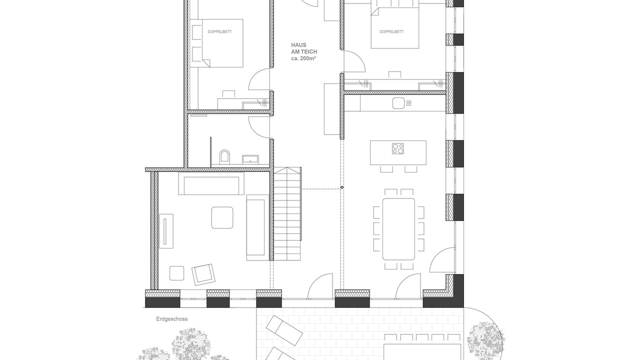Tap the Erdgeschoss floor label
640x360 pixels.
[x=171, y=319]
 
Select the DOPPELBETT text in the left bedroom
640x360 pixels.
[x=219, y=31]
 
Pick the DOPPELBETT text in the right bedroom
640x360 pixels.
[x=391, y=31]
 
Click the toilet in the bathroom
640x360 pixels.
[x=224, y=157]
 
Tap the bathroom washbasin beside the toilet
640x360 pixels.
[x=250, y=159]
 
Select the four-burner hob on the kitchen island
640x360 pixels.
[x=398, y=148]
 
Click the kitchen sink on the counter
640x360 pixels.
[x=398, y=103]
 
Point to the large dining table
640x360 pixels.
[x=398, y=229]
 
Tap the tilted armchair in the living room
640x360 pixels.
[x=203, y=274]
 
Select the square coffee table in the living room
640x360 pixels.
[x=222, y=217]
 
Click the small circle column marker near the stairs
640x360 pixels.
[x=342, y=187]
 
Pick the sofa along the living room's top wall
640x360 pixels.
[x=211, y=183]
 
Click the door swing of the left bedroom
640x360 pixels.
[x=259, y=79]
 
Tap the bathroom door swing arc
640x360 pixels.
[x=259, y=127]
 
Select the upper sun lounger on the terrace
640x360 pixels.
[x=284, y=331]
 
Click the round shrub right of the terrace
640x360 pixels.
[x=485, y=340]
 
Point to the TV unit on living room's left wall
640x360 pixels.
[x=166, y=231]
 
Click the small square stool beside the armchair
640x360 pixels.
[x=176, y=273]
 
